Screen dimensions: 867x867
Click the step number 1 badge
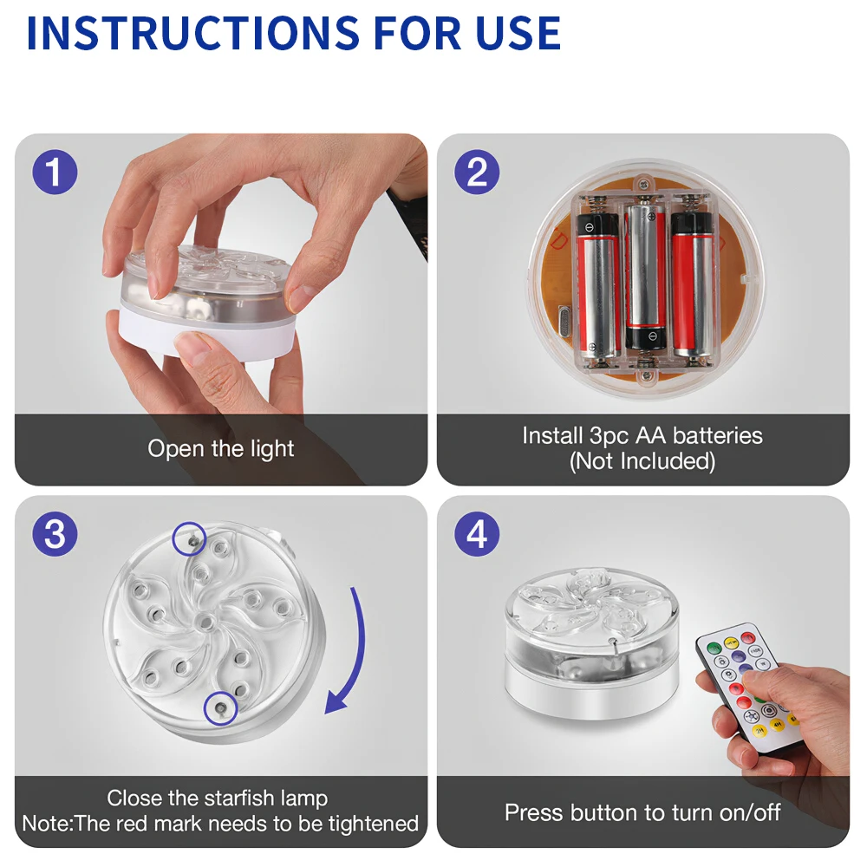55,172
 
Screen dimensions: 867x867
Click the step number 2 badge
477,172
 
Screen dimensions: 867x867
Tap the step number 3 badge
55,534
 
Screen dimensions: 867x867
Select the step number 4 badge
477,534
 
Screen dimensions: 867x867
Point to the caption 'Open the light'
220,448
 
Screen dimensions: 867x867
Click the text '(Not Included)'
642,461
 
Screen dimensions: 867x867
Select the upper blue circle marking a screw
189,538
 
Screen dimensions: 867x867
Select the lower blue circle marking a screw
220,708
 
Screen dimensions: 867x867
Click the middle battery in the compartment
645,277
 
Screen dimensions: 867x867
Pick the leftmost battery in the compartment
597,286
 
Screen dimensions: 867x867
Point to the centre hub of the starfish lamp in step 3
206,623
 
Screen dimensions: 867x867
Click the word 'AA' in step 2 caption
651,436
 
